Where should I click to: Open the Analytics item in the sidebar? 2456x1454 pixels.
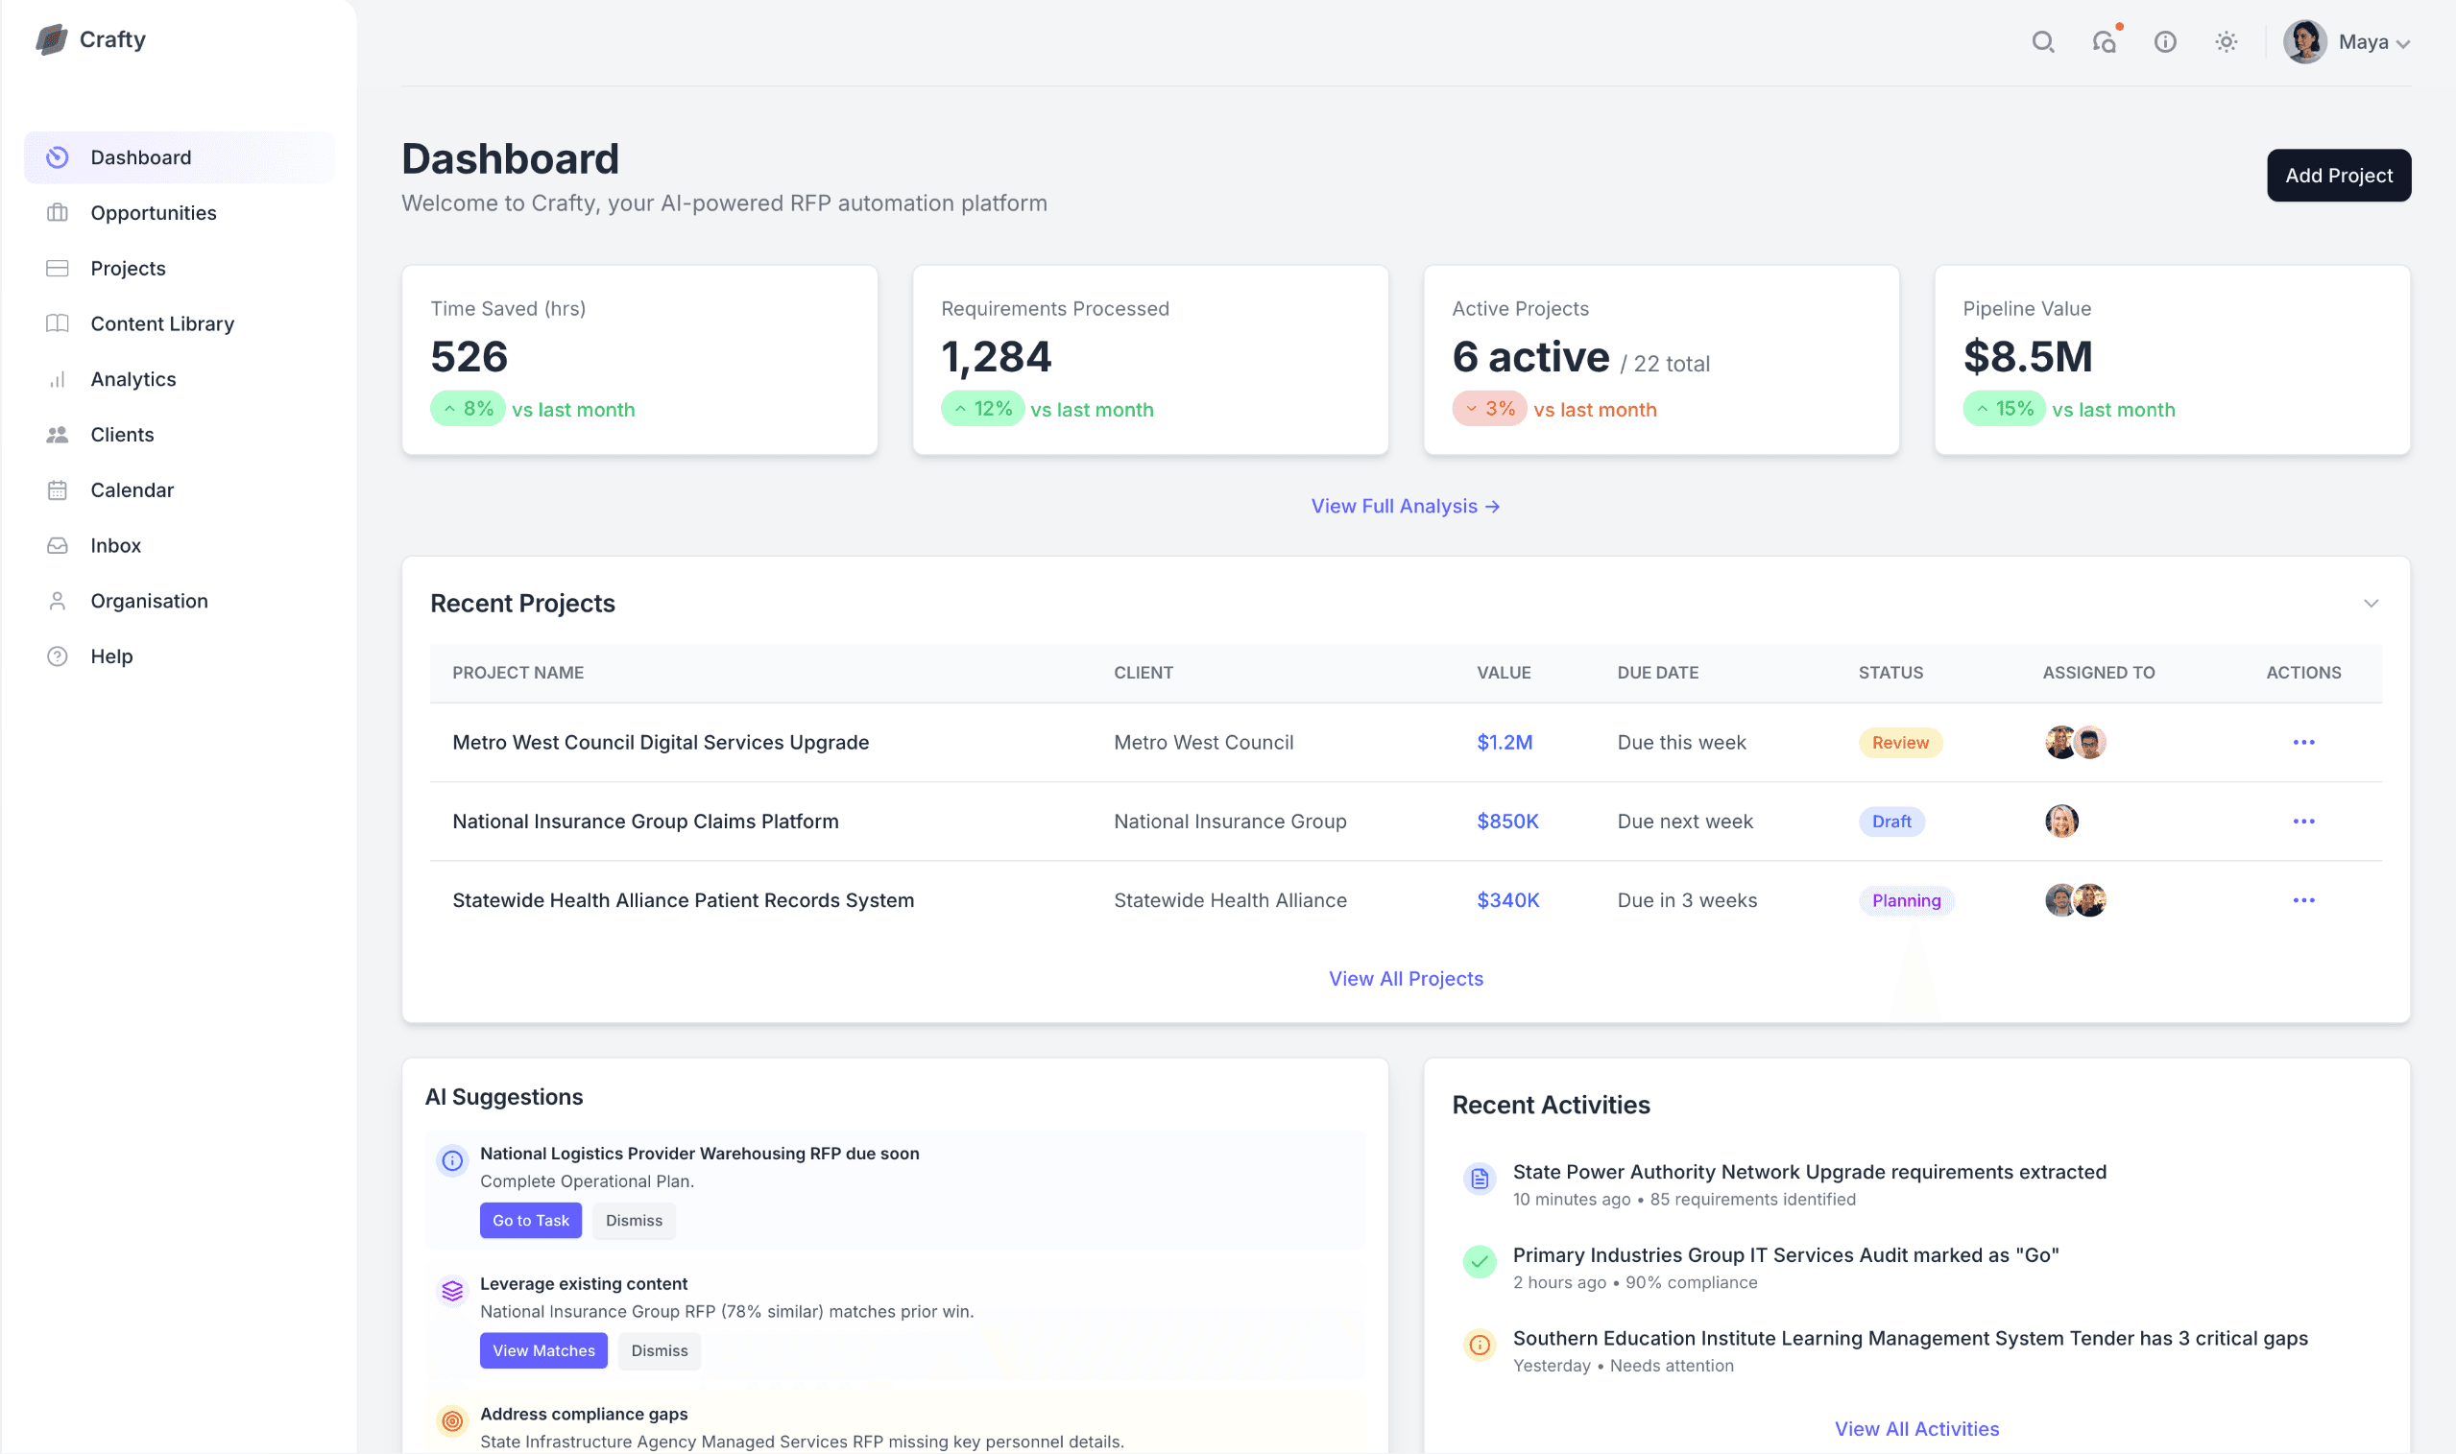tap(133, 379)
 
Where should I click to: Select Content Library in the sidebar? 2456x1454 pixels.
tap(161, 323)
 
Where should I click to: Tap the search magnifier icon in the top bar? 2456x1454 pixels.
tap(2042, 42)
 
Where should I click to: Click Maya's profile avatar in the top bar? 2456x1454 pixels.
tap(2303, 42)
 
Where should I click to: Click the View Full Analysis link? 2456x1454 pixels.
tap(1405, 506)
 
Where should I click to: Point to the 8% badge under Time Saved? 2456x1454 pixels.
tap(468, 409)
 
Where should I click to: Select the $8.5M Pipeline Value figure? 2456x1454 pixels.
tap(2027, 357)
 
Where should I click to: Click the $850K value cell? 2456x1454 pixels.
tap(1506, 822)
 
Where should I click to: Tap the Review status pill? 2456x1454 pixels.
tap(1899, 743)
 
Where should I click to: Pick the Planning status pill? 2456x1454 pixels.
tap(1905, 900)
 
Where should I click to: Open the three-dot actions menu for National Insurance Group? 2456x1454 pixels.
tap(2302, 822)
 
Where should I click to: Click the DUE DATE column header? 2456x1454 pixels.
tap(1657, 672)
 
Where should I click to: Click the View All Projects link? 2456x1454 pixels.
tap(1405, 978)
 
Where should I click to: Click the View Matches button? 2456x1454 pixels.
tap(542, 1350)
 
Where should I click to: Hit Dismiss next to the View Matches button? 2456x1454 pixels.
tap(659, 1350)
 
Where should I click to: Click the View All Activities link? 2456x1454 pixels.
tap(1916, 1428)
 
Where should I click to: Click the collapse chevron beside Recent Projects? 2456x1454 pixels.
tap(2370, 604)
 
